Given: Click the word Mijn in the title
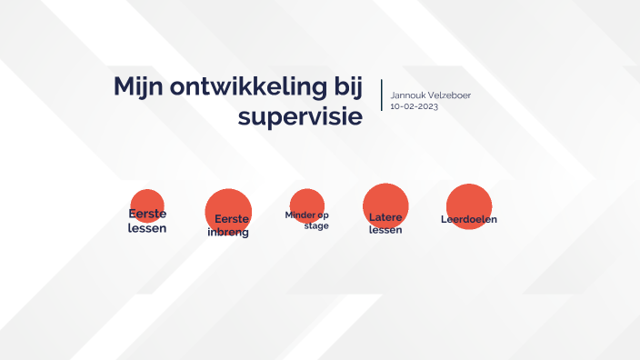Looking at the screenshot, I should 137,87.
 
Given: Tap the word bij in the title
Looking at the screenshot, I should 344,88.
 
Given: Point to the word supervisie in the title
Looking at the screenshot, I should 300,117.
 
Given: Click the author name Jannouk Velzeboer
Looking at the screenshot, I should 430,95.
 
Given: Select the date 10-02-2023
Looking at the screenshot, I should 414,106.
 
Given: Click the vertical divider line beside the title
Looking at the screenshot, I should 382,95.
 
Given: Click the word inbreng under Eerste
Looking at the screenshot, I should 228,233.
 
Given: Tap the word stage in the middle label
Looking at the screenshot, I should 316,225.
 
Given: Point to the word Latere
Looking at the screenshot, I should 385,218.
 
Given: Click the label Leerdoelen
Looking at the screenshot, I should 469,219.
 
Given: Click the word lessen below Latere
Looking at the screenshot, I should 385,230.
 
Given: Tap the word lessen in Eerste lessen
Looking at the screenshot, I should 147,227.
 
